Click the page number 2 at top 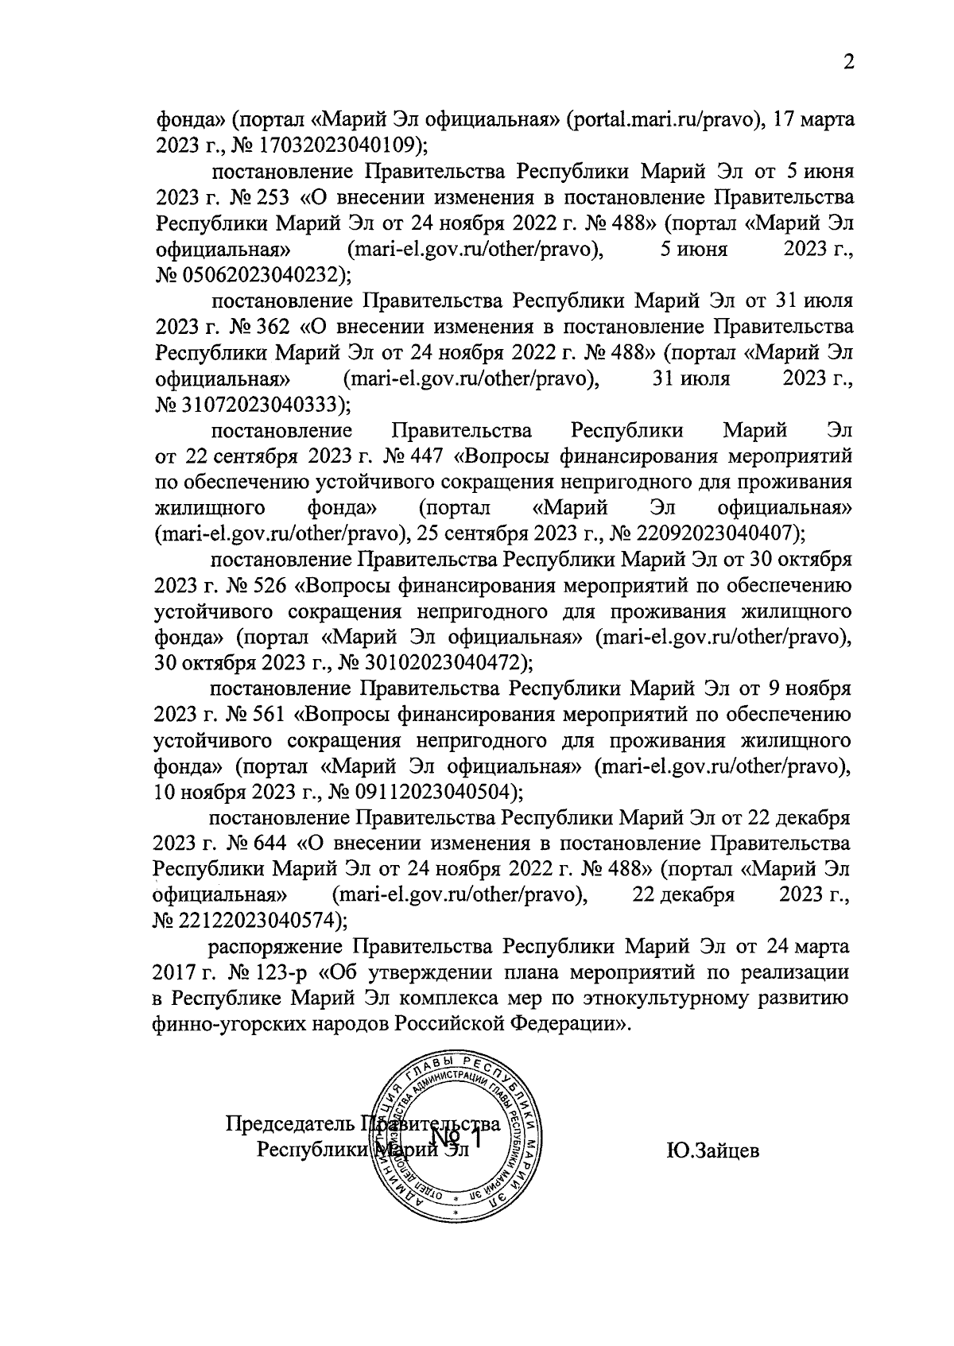click(848, 63)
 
